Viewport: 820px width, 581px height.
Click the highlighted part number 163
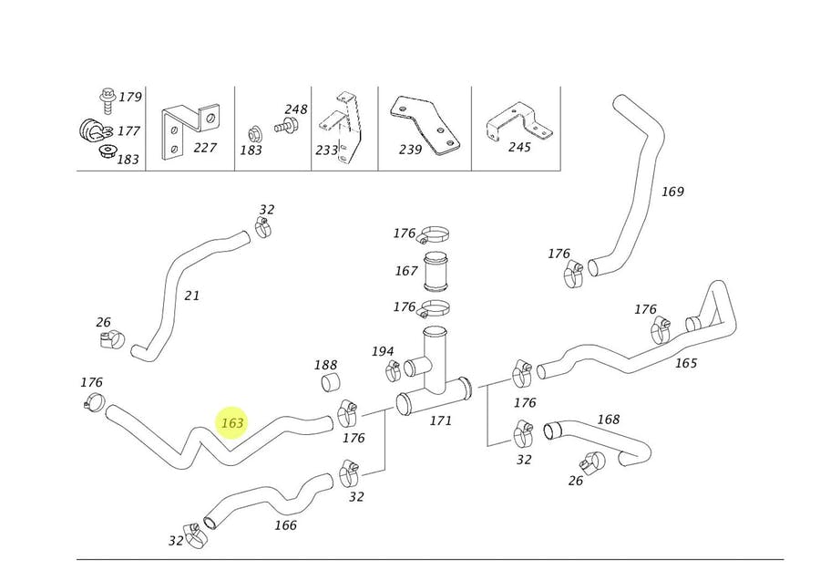click(x=232, y=423)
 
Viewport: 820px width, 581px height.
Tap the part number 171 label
click(x=440, y=420)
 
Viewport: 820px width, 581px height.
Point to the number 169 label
click(x=672, y=192)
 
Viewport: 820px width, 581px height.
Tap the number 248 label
click(x=296, y=109)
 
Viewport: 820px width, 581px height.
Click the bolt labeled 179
click(x=105, y=97)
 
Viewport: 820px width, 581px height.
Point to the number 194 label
click(x=383, y=351)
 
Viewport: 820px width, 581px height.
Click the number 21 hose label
click(x=191, y=296)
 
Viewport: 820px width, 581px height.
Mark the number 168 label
click(x=608, y=420)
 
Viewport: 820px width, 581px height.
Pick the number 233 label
click(x=325, y=150)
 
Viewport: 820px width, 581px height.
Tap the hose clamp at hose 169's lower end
click(x=573, y=271)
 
